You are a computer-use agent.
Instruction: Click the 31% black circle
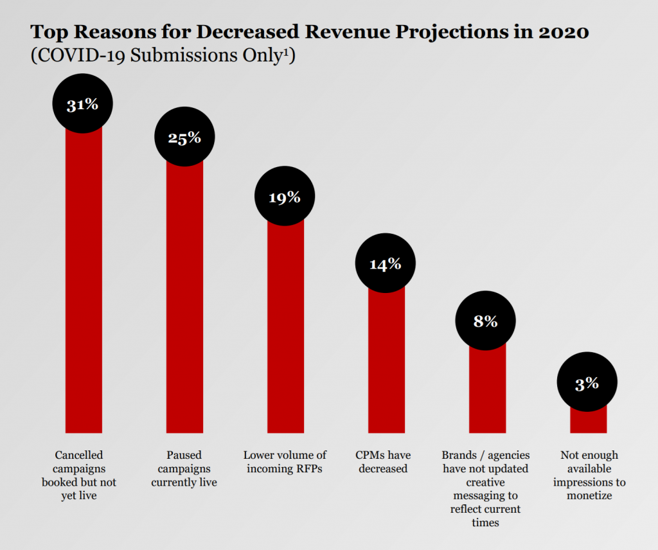83,104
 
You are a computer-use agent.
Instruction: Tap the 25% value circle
184,137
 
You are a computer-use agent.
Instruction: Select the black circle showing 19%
285,197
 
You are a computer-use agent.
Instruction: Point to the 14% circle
386,263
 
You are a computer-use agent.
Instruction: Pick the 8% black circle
486,321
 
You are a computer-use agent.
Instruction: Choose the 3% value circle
587,383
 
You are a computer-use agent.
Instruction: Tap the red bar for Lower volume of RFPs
285,328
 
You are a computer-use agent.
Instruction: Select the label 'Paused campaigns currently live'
184,468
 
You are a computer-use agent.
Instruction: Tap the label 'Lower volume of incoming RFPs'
285,461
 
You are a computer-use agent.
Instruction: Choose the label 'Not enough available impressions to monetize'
589,475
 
